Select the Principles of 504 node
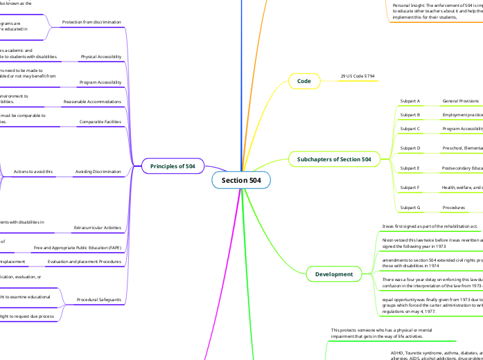(173, 166)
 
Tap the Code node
(304, 81)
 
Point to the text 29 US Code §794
(358, 75)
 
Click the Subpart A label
(410, 101)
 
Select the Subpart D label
(410, 147)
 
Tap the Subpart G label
(410, 207)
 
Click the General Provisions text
(460, 101)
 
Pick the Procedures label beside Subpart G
(454, 207)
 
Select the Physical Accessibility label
(100, 56)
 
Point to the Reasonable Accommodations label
(92, 102)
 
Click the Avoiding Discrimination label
(98, 170)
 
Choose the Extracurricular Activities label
(97, 226)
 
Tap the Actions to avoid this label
(32, 170)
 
